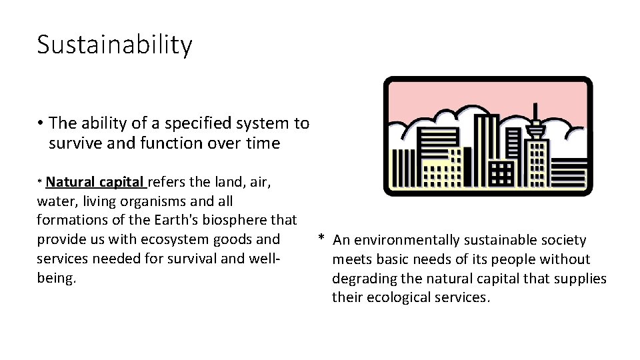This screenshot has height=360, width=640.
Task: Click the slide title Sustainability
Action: tap(114, 45)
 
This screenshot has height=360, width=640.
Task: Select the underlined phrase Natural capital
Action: tap(95, 182)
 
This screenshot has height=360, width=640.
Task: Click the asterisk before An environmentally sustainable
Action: tap(321, 239)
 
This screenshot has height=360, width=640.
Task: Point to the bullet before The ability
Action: tap(41, 123)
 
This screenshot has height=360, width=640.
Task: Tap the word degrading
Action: tap(364, 278)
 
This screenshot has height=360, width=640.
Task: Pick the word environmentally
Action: tap(413, 240)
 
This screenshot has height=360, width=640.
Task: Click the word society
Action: tap(561, 240)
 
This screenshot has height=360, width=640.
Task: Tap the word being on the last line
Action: tap(55, 278)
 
